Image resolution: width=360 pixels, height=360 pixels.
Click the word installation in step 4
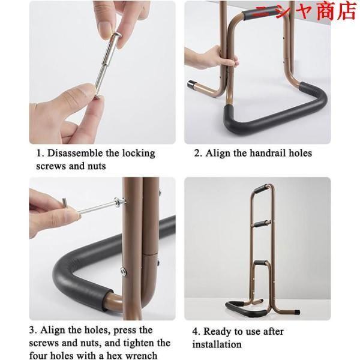[x=217, y=344]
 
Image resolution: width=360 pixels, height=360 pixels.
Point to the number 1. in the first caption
[x=40, y=153]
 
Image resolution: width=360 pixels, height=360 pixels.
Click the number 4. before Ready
[x=197, y=332]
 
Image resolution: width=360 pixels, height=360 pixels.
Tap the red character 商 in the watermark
[x=326, y=11]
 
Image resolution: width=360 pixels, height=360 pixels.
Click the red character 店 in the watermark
[x=346, y=11]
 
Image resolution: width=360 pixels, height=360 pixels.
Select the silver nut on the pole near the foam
[x=123, y=272]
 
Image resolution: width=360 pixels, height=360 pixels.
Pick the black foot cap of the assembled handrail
[x=297, y=312]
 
